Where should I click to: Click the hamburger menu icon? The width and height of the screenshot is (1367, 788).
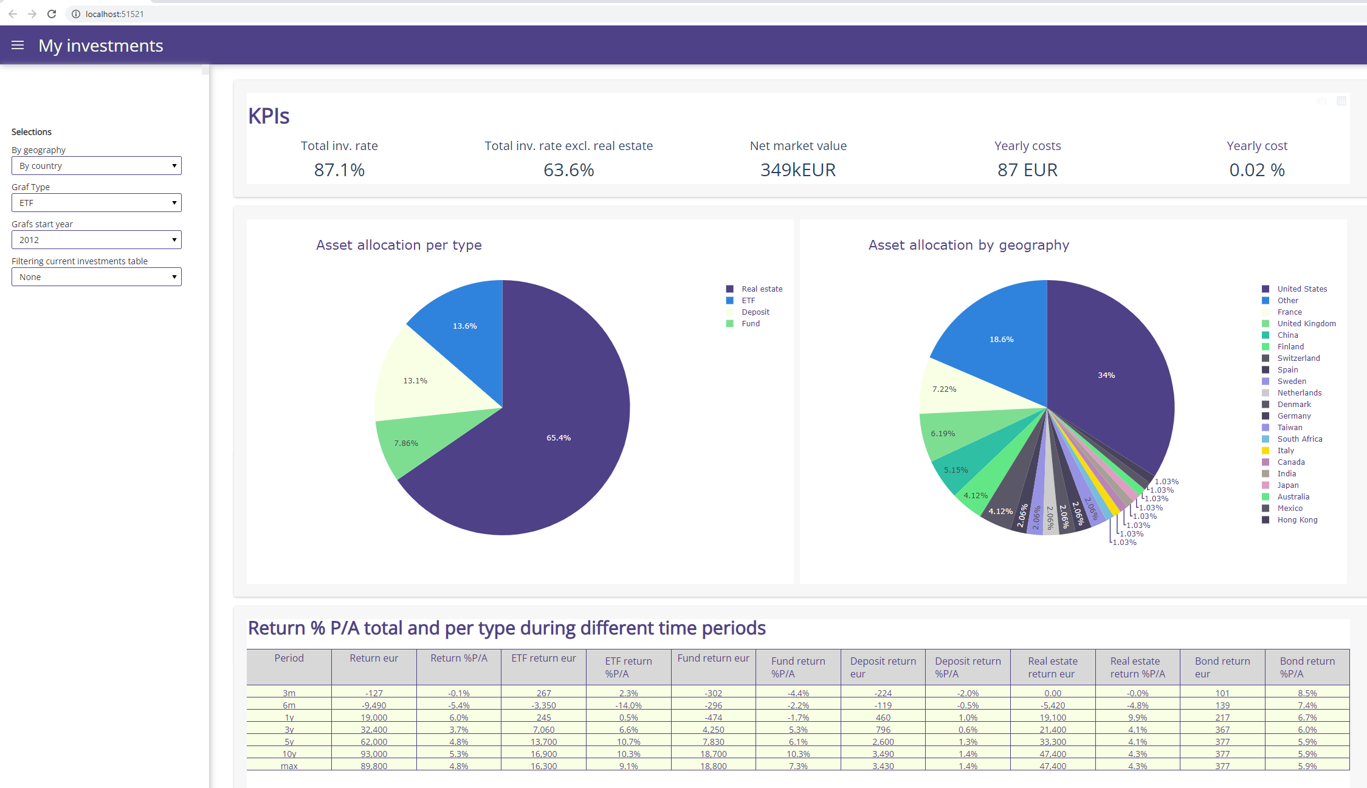(18, 45)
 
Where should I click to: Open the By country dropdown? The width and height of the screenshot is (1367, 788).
(96, 166)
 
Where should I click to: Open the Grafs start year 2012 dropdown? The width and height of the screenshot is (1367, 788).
(96, 240)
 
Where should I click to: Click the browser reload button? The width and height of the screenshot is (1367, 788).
(52, 13)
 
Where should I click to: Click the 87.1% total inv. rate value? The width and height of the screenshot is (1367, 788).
(339, 170)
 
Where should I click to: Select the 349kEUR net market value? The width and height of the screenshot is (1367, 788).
(797, 170)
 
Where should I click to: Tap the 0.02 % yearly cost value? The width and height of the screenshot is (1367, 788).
(1256, 170)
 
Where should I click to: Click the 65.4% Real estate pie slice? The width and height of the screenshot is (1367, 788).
(558, 437)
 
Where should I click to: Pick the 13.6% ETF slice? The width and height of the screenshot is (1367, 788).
(464, 326)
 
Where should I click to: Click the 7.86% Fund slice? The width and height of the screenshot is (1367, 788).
(406, 443)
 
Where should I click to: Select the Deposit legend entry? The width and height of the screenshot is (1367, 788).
(755, 312)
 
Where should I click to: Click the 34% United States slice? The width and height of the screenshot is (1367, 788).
(1106, 375)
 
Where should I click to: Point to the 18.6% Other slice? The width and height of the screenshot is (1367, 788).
(1001, 339)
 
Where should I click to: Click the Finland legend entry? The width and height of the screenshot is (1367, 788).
(1290, 347)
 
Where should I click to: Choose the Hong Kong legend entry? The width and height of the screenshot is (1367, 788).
(1296, 520)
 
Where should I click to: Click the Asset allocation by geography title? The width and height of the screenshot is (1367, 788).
(968, 245)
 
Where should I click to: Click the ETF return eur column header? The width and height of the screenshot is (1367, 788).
(543, 659)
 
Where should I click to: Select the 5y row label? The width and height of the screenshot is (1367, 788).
(289, 742)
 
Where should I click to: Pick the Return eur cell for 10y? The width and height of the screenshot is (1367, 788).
(374, 754)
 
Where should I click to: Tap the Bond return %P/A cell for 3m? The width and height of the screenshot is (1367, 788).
(1307, 693)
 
